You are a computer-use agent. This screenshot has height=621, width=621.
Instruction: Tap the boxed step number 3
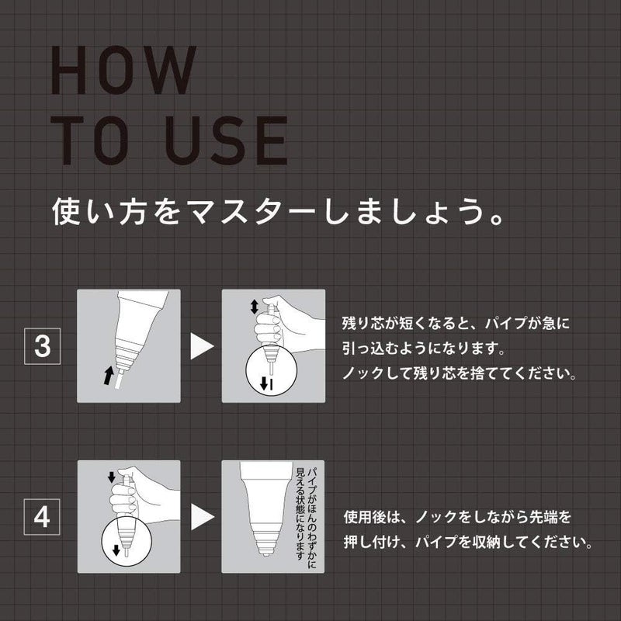pyautogui.click(x=43, y=347)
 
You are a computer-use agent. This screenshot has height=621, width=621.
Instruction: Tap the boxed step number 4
pyautogui.click(x=43, y=516)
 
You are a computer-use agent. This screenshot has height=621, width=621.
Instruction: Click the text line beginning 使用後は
pyautogui.click(x=461, y=517)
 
